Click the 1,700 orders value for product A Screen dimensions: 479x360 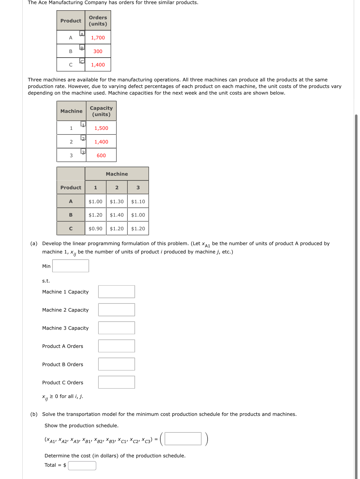(x=98, y=38)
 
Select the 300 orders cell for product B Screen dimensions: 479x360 (x=98, y=51)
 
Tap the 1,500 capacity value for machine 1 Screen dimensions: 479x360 (x=101, y=128)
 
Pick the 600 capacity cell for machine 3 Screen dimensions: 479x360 (x=101, y=155)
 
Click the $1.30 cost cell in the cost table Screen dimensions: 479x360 (x=117, y=202)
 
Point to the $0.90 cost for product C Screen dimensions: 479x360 (x=95, y=229)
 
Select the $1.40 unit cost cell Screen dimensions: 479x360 (x=117, y=215)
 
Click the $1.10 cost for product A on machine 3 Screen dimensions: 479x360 (x=138, y=202)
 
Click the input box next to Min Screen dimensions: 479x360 (x=71, y=266)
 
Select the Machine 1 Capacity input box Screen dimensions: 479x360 (x=116, y=292)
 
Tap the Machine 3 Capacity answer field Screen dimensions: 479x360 (x=116, y=328)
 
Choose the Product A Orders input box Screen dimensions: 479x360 (x=116, y=346)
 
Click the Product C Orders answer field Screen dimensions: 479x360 (x=116, y=382)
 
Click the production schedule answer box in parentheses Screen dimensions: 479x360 (x=183, y=439)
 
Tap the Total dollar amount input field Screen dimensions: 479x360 (x=82, y=466)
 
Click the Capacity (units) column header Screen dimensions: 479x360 (x=101, y=111)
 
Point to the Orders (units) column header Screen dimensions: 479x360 (x=98, y=21)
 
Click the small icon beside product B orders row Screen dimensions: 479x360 (x=82, y=47)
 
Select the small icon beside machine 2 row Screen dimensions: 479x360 (x=83, y=138)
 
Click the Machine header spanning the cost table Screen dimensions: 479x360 (x=117, y=174)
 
